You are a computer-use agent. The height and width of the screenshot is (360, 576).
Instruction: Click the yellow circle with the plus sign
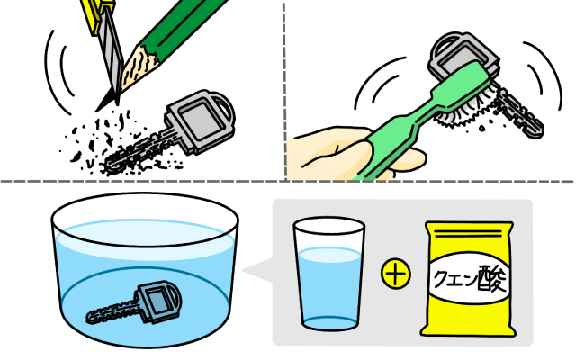[396, 274]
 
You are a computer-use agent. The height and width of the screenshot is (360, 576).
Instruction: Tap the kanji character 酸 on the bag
[492, 280]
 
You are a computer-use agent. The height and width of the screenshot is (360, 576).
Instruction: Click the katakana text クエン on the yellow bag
[455, 280]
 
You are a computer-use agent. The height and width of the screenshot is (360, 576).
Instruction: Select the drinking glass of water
[329, 274]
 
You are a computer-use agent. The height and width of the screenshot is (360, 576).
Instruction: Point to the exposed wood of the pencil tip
[139, 70]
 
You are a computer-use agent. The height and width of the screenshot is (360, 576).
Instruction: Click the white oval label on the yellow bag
[470, 280]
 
